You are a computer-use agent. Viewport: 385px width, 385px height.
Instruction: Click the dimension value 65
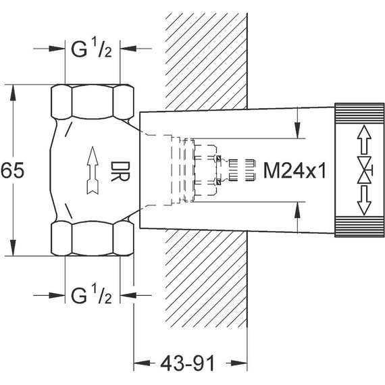13,170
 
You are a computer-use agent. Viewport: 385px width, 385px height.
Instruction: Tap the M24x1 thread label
294,170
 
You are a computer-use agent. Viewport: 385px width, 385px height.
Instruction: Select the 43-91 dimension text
188,363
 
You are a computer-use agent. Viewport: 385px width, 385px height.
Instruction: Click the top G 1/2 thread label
91,49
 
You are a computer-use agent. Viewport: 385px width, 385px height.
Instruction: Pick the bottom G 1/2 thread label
91,295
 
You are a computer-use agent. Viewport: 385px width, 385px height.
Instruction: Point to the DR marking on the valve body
120,172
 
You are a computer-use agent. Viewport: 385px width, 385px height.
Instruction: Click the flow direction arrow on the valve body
93,170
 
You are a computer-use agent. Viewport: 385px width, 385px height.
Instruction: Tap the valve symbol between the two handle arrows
365,170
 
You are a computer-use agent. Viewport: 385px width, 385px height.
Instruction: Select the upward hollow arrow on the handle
364,140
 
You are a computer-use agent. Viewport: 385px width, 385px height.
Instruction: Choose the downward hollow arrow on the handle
364,201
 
